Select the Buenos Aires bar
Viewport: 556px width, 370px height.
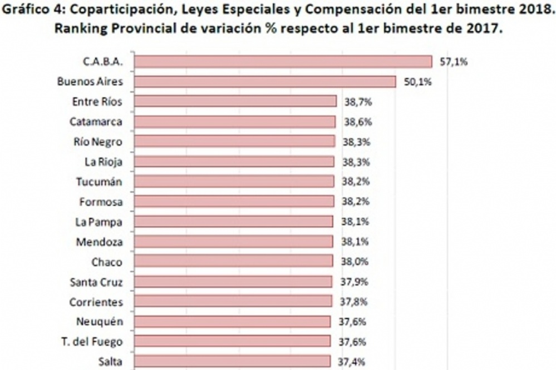coord(265,82)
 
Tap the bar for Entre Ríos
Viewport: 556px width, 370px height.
coord(236,101)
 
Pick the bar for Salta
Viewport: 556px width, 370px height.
coord(233,362)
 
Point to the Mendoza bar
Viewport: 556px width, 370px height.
coord(234,242)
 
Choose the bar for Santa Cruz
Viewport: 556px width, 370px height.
coord(234,282)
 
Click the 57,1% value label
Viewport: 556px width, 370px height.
coord(454,62)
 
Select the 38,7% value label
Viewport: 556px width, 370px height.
coord(358,102)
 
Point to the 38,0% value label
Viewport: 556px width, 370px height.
coord(355,262)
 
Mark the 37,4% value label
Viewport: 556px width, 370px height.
coord(352,362)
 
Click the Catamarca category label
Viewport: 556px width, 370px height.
coord(96,122)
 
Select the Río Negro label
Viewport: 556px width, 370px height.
coord(97,142)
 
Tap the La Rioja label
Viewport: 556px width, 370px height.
coord(101,162)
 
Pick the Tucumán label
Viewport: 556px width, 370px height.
coord(98,182)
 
